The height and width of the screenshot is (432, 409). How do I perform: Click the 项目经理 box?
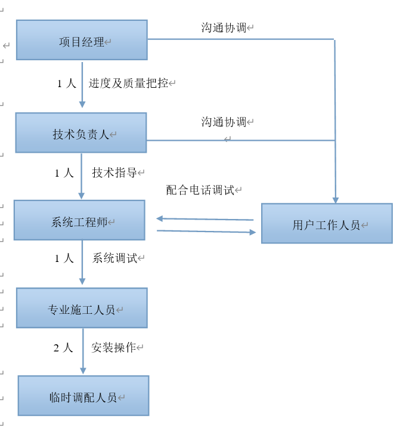[x=82, y=40]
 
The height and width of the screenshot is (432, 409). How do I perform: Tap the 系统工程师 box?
[x=79, y=220]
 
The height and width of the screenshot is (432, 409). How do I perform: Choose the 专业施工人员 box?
[x=82, y=308]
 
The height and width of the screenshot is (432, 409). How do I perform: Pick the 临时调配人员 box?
[x=83, y=396]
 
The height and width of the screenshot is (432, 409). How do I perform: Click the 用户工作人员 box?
[x=327, y=223]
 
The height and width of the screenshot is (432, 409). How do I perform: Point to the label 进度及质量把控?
[x=128, y=84]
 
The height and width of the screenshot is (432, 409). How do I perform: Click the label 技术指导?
[x=114, y=173]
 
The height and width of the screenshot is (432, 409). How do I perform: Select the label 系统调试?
[x=114, y=258]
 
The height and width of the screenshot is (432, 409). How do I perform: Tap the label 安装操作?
[x=113, y=347]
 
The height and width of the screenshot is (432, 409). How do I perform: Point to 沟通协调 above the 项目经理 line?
[x=224, y=28]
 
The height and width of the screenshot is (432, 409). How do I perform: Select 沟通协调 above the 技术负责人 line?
[x=224, y=122]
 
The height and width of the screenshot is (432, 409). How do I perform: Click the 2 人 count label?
[x=63, y=347]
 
